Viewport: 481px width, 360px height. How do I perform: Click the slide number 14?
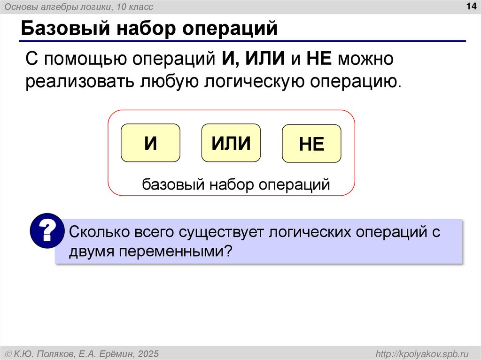click(470, 6)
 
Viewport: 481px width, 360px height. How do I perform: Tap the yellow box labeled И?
click(150, 143)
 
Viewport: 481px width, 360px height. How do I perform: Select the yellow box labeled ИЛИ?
click(231, 143)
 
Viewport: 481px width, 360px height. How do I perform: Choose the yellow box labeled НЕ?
click(311, 144)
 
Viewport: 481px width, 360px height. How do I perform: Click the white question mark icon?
click(47, 230)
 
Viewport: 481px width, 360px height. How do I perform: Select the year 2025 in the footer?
click(149, 353)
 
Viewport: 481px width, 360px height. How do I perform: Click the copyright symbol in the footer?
click(8, 353)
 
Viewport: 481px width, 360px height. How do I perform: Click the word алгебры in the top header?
click(54, 7)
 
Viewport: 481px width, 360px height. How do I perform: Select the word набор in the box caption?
click(219, 184)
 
